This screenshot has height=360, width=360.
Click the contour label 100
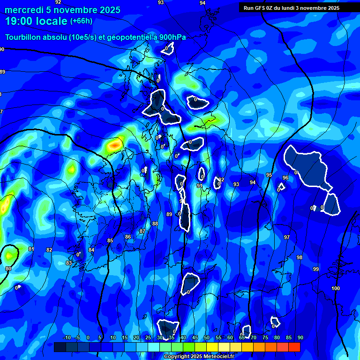pos(335,288)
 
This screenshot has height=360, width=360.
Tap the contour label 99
pos(316,269)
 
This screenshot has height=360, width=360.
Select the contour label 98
pos(300,257)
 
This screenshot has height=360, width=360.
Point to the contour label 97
pos(287,238)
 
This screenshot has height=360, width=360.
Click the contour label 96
pos(285,178)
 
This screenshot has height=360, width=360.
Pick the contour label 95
pos(269,175)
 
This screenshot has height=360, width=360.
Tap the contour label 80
pos(8,269)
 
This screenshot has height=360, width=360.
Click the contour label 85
pos(110,241)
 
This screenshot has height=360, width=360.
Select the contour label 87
pos(142,232)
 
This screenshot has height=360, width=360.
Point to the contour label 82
pos(49,250)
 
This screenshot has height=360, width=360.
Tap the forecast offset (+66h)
pos(81,21)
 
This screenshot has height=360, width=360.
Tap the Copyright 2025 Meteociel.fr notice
pos(198,357)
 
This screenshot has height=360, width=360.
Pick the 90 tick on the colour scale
pos(300,338)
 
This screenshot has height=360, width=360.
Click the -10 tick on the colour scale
pos(67,338)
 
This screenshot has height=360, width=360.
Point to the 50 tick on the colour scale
pos(207,338)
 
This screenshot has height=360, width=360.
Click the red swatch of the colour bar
pos(294,347)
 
